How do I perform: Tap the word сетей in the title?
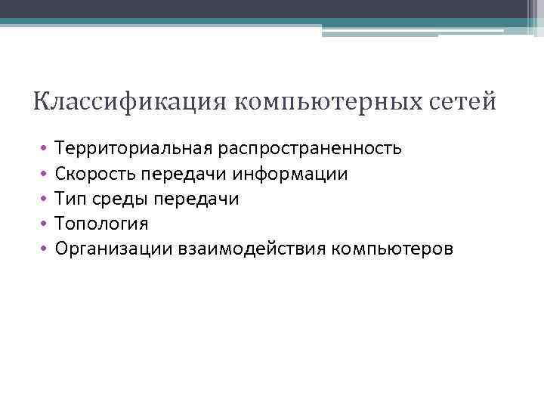click(x=464, y=101)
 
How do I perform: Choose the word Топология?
click(x=96, y=224)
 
